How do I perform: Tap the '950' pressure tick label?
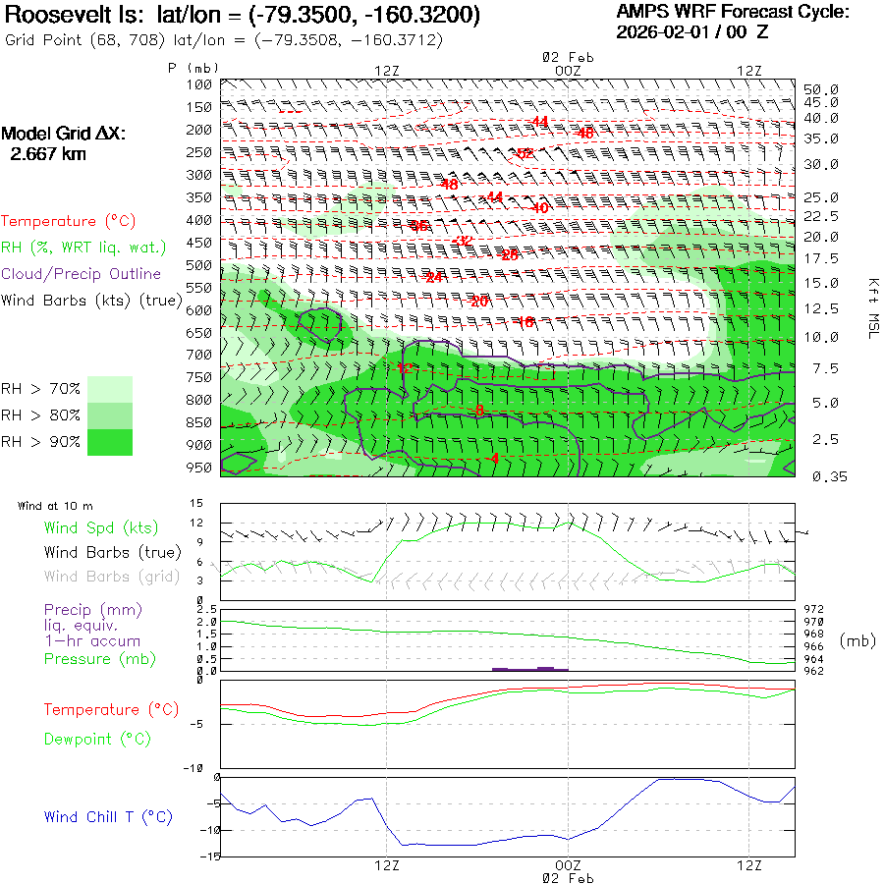point(199,468)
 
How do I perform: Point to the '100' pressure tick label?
point(199,83)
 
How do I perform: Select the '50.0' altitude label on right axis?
point(823,89)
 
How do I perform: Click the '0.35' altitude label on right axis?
point(823,476)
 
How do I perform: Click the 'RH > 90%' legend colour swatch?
point(111,442)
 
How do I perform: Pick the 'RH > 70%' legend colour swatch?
point(111,389)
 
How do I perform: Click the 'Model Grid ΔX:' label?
point(64,134)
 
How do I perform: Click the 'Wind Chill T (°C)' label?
point(108,817)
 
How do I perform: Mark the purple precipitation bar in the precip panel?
point(530,669)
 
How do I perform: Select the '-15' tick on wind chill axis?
point(208,856)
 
